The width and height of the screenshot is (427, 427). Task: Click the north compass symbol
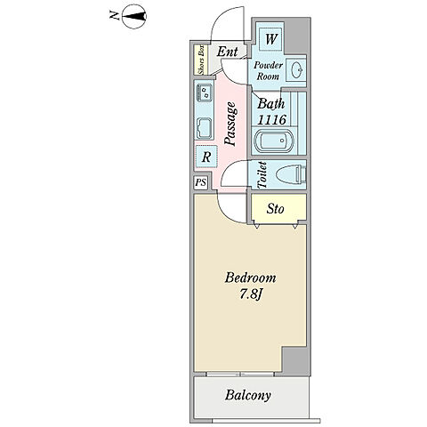134,16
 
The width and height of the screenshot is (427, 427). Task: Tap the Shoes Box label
201,60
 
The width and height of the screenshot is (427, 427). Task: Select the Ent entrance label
227,52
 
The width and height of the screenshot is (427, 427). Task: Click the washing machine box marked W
271,39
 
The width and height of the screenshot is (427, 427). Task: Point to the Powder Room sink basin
296,70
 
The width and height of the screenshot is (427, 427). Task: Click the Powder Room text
268,70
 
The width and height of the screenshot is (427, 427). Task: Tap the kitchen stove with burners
205,93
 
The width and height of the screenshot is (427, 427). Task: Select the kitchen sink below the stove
205,129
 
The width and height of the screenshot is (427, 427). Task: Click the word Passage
230,124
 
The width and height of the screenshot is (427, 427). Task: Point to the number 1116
272,120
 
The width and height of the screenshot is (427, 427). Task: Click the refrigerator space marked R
206,157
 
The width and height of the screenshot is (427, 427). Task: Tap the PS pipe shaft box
201,182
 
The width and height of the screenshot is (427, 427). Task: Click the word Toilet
262,175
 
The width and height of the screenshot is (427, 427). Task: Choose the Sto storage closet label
275,209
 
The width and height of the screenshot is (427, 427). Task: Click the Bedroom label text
250,278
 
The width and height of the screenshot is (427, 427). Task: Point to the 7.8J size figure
250,294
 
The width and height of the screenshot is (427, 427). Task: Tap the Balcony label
248,395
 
